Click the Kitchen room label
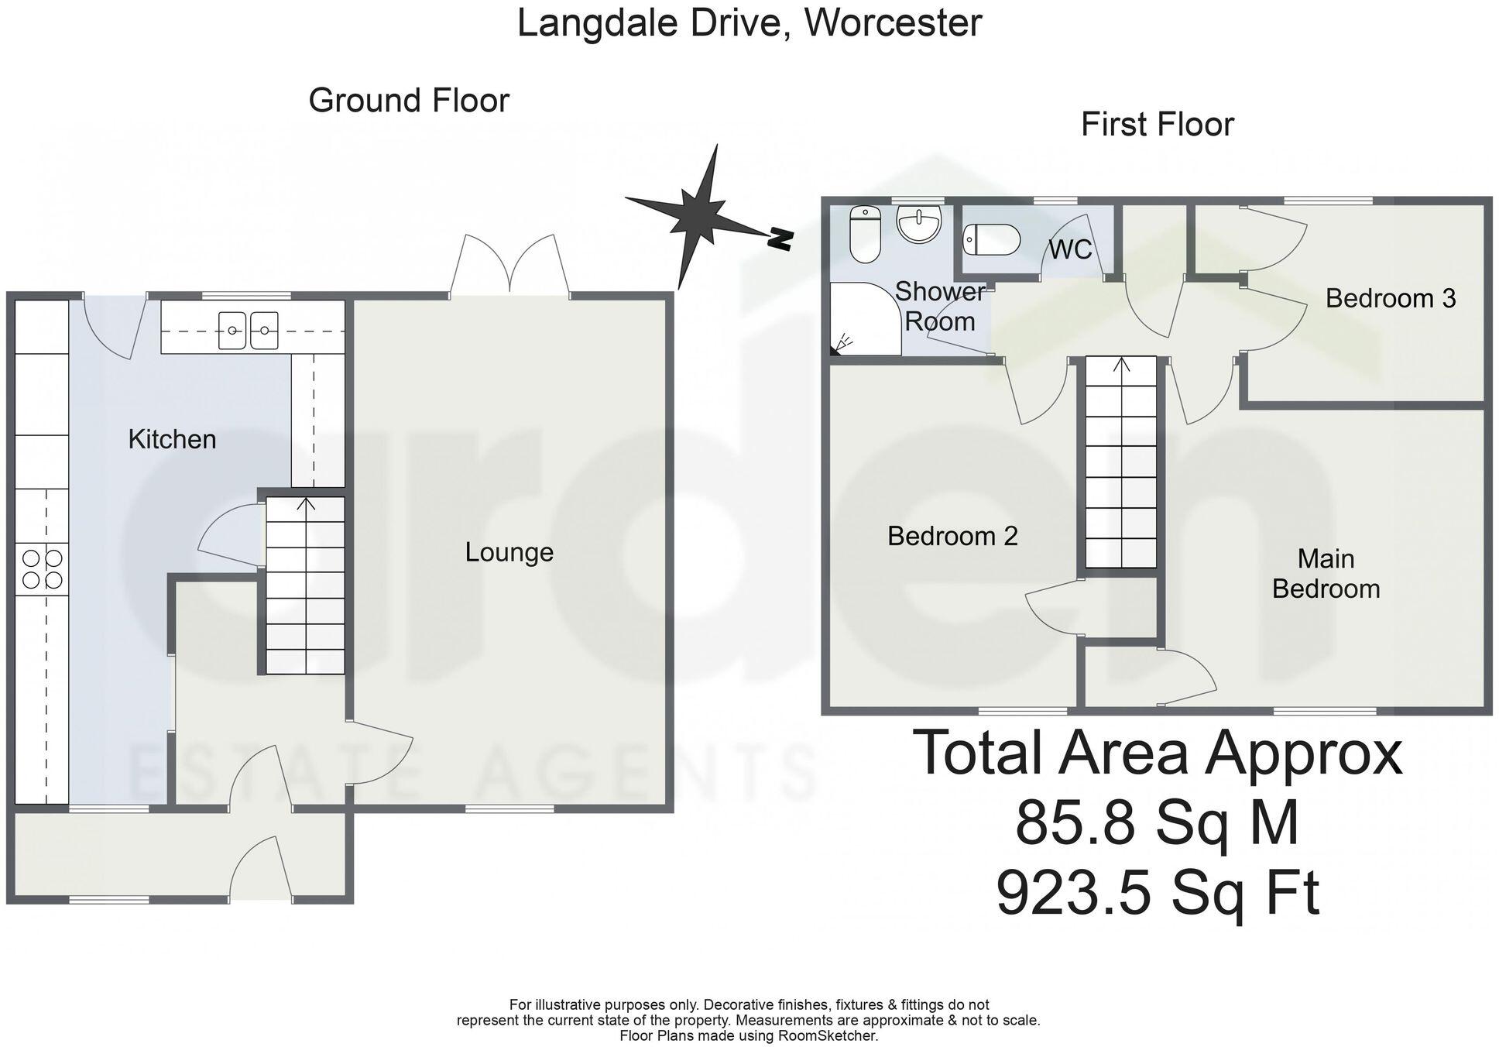pos(172,439)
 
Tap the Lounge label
pos(509,552)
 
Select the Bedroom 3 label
pos(1390,298)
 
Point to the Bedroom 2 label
pos(952,536)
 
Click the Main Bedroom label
pos(1326,574)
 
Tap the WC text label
pos(1070,249)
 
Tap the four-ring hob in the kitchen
pos(42,568)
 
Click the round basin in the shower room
pos(919,223)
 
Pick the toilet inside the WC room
pos(992,239)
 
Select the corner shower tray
pos(861,319)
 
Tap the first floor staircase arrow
pos(1120,364)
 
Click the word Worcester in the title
pos(893,22)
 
